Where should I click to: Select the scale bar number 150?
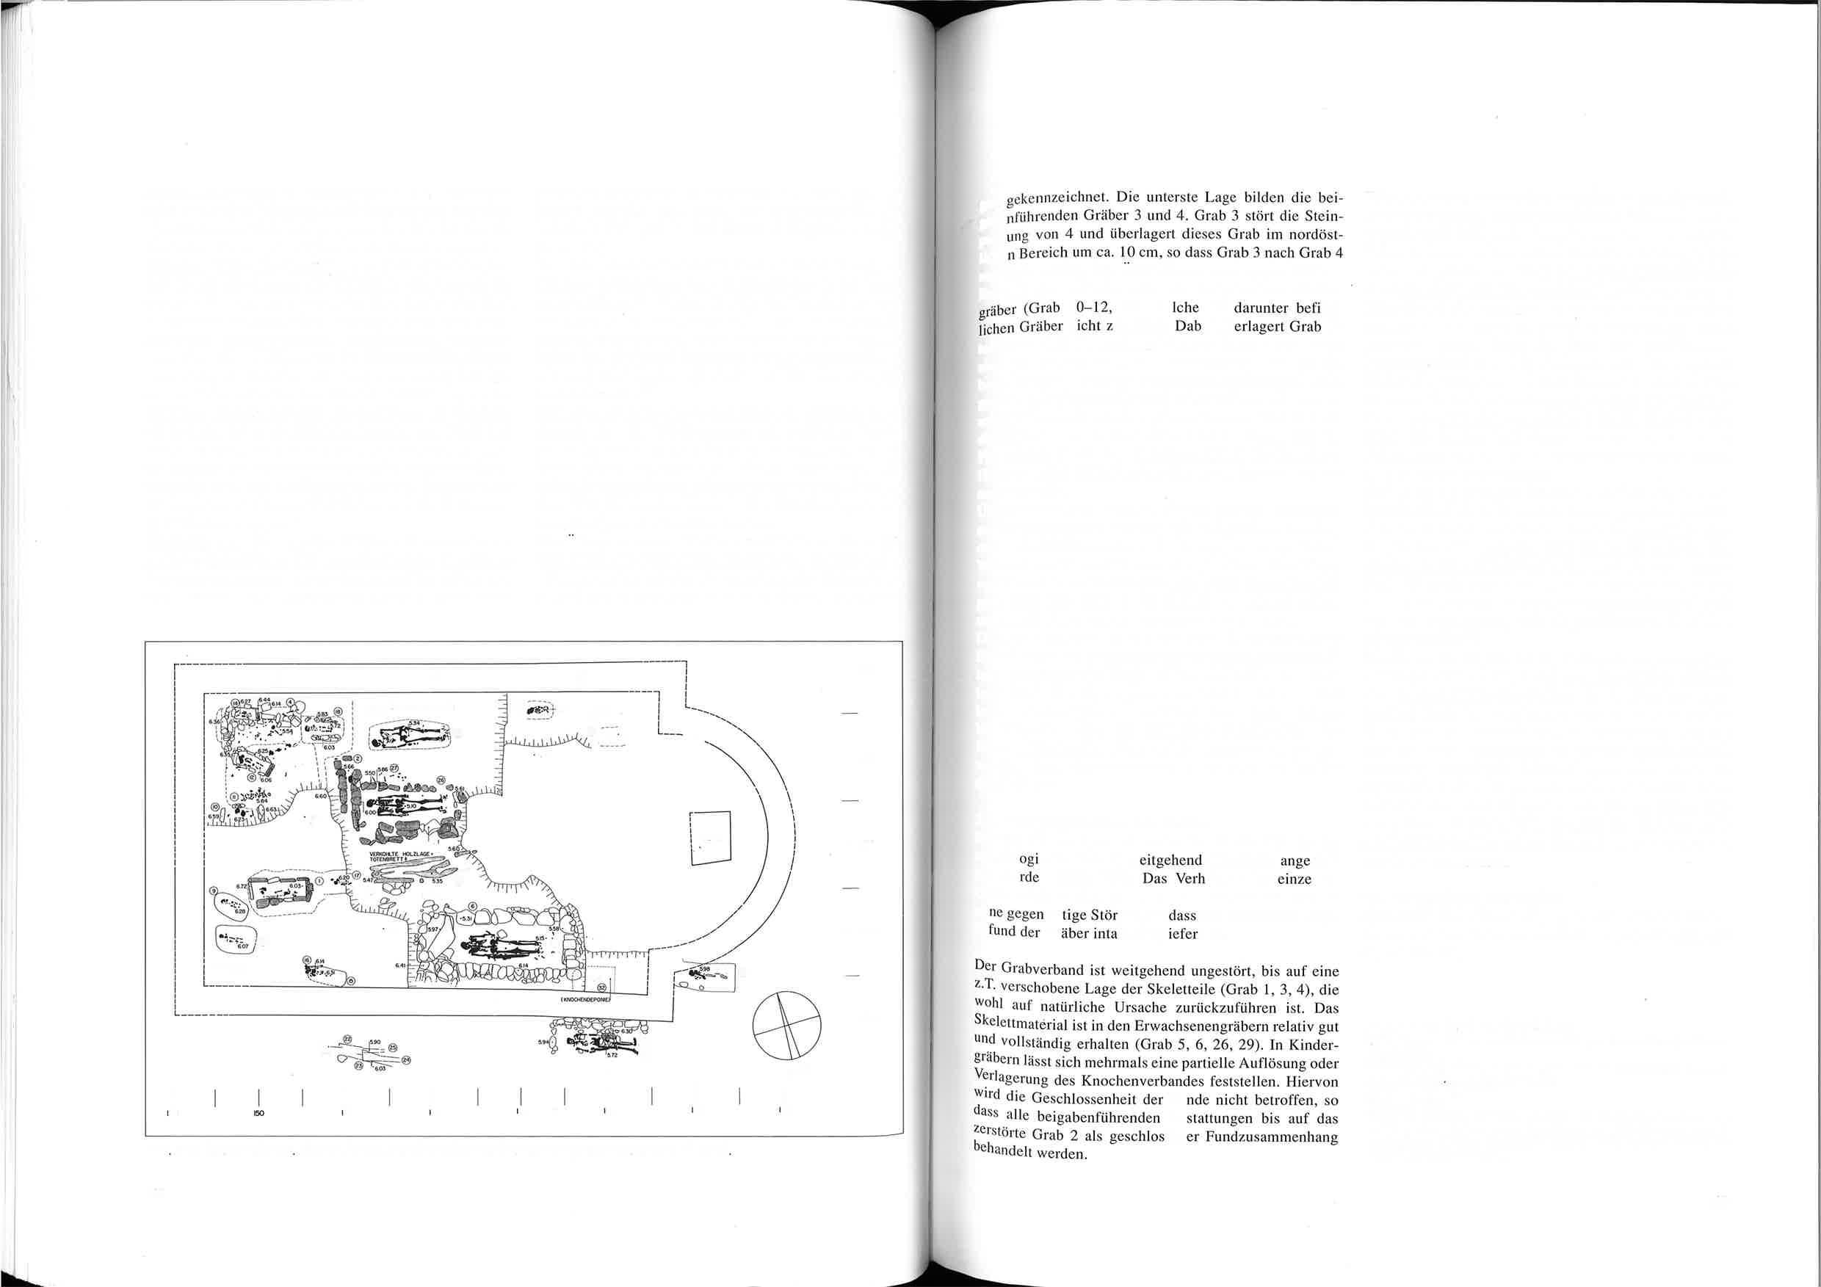point(258,1112)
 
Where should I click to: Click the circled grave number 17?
point(356,874)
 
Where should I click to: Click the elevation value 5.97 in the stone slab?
point(434,929)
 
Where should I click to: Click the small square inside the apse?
point(710,838)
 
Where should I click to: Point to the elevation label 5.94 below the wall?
point(543,1041)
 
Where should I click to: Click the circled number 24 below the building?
point(407,1059)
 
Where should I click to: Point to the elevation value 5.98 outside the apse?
point(705,969)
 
